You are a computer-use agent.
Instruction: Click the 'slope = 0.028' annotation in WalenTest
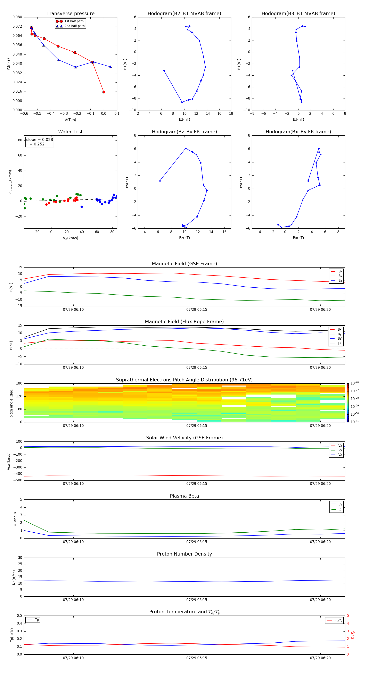point(39,140)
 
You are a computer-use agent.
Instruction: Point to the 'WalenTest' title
point(70,132)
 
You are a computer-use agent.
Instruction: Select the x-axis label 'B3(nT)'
point(298,119)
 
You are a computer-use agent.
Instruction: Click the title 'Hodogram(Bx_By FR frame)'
point(298,132)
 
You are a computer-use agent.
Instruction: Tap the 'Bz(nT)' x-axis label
point(184,238)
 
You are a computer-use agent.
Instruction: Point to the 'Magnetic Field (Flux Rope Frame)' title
point(184,322)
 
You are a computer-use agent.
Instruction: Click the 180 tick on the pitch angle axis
point(19,383)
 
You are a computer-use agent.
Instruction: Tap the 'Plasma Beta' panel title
point(184,496)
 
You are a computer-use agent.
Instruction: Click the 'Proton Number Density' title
point(184,554)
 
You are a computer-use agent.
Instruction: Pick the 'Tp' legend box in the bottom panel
point(33,620)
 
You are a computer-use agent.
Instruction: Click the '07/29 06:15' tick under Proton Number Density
point(197,600)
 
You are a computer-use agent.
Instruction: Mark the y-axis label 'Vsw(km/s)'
point(9,461)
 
